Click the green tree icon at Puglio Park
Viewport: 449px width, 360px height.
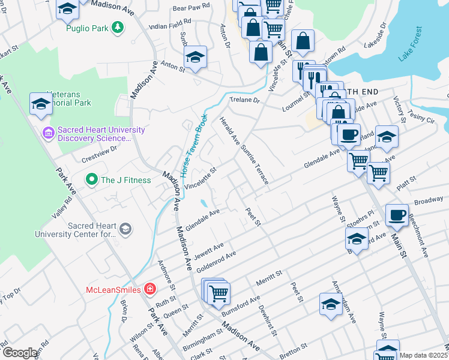tap(119, 27)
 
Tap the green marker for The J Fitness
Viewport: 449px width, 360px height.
tap(91, 179)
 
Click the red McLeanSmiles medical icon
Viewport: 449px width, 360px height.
tap(149, 290)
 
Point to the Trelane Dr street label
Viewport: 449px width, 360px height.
tap(244, 100)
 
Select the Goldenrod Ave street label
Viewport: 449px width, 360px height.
tap(215, 259)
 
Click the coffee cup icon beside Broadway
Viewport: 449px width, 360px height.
tap(397, 215)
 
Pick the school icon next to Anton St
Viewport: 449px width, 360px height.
tap(195, 58)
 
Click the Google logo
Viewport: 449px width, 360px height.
tap(20, 353)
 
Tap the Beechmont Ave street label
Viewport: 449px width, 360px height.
tap(418, 236)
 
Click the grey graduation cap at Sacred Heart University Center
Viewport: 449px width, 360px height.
tap(125, 228)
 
